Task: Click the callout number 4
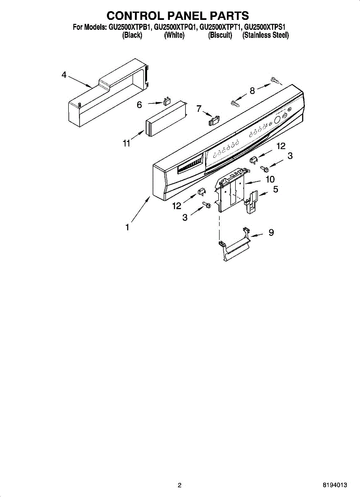(64, 75)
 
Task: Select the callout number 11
(126, 143)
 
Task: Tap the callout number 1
(128, 227)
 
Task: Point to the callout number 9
(271, 233)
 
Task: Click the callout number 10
(270, 179)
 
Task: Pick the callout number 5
(275, 190)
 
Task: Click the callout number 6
(140, 105)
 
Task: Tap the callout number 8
(252, 91)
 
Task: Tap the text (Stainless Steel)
(266, 36)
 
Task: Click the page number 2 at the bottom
(179, 485)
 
